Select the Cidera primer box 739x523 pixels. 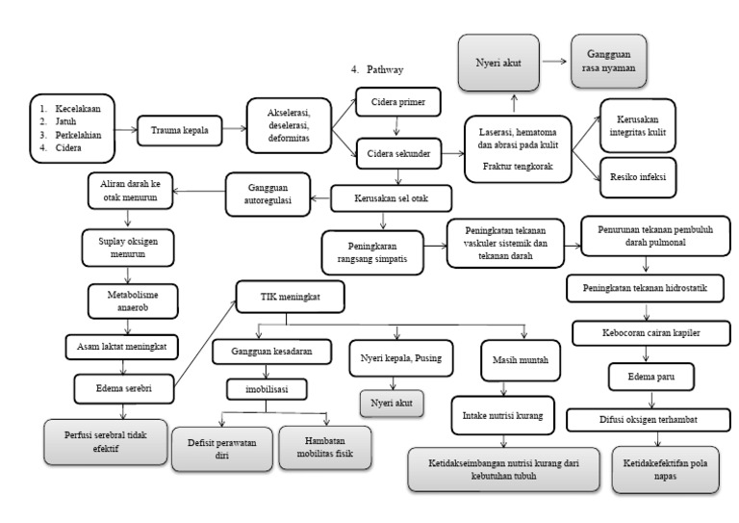click(398, 102)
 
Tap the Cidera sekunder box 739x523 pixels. click(398, 150)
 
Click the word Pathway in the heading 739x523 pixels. click(389, 69)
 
